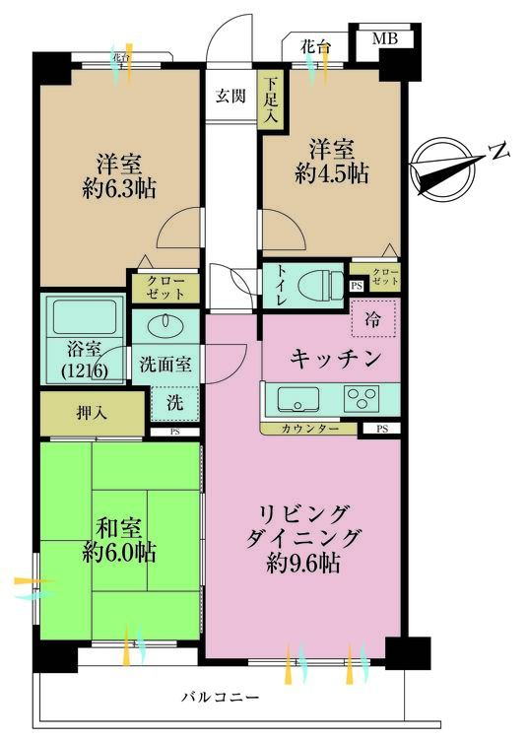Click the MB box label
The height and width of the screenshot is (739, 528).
click(x=385, y=40)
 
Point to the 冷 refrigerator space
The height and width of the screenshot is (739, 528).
click(x=372, y=318)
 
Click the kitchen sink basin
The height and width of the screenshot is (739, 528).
click(x=296, y=399)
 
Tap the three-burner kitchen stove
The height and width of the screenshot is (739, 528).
click(x=360, y=399)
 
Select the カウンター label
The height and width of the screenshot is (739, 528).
click(x=310, y=429)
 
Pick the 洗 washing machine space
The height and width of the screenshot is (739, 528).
click(x=174, y=402)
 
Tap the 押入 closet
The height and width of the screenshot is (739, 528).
click(x=95, y=412)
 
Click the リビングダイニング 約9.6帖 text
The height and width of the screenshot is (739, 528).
click(x=302, y=539)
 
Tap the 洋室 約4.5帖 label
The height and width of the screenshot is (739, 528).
click(x=330, y=161)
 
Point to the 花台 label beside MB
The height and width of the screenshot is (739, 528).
click(x=314, y=45)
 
